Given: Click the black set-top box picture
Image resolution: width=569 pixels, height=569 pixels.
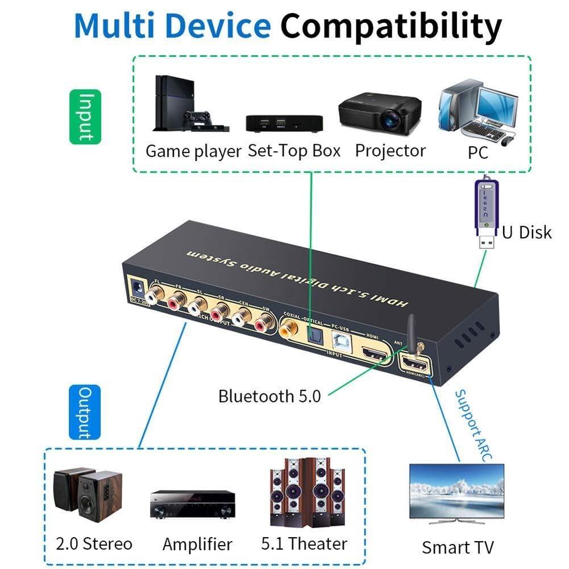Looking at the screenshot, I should (284, 123).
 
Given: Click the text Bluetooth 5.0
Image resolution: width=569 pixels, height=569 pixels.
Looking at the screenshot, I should (269, 396).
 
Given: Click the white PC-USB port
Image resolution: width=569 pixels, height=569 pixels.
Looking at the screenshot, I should (340, 344).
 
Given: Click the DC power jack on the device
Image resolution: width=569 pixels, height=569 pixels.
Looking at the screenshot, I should (136, 286).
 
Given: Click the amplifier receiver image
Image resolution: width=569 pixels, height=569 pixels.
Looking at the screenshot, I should (192, 504).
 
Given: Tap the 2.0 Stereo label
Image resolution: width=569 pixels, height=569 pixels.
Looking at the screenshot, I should (94, 543).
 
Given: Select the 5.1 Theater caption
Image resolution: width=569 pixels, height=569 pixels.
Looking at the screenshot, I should (304, 543).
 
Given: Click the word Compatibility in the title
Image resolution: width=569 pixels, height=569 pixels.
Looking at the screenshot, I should (392, 26).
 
